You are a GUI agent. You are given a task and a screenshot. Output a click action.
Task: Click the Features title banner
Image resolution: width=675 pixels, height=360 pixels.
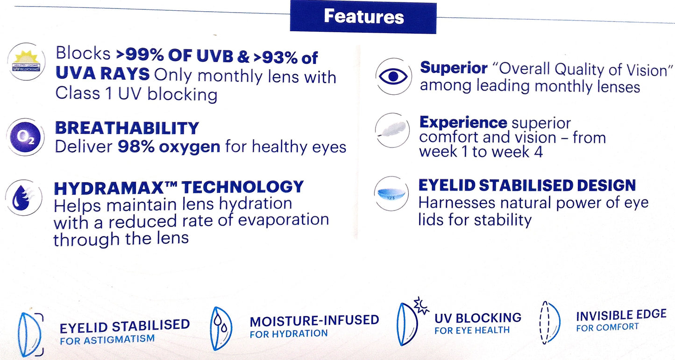click(363, 17)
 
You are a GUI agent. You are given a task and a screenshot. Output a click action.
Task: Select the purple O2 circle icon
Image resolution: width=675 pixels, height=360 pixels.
click(25, 137)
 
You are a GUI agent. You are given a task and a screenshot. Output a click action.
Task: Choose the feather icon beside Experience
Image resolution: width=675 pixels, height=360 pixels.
click(392, 131)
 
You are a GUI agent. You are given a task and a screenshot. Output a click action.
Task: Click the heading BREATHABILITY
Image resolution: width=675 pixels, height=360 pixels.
click(127, 128)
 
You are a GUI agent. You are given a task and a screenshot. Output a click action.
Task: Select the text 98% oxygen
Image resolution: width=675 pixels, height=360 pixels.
click(169, 147)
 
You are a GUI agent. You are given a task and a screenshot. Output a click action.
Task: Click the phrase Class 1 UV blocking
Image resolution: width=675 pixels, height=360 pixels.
click(136, 94)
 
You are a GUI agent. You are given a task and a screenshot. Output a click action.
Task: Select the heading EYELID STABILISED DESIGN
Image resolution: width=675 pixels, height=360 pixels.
click(527, 185)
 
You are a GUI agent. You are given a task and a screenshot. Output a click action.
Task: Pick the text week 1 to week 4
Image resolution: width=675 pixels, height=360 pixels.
click(481, 152)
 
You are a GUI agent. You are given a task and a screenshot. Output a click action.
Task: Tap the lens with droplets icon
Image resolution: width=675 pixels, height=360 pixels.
click(221, 328)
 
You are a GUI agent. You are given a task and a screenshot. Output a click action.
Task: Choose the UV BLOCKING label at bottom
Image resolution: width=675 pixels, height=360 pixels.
click(478, 318)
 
